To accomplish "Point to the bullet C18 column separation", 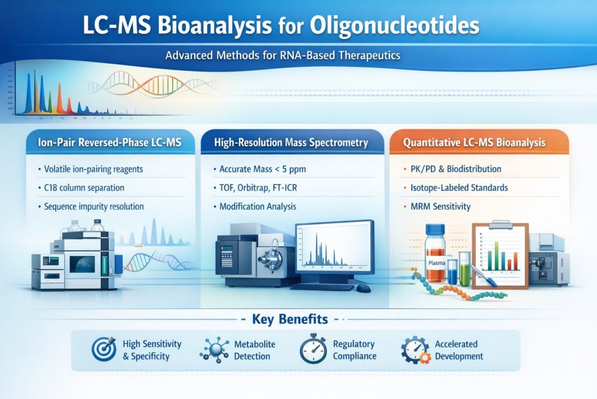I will (x=84, y=188).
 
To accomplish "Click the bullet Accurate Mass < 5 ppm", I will (x=262, y=169).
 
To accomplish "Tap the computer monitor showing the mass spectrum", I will (x=334, y=248).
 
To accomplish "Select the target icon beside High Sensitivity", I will (x=104, y=350).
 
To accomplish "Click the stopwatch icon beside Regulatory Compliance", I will (x=313, y=350).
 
